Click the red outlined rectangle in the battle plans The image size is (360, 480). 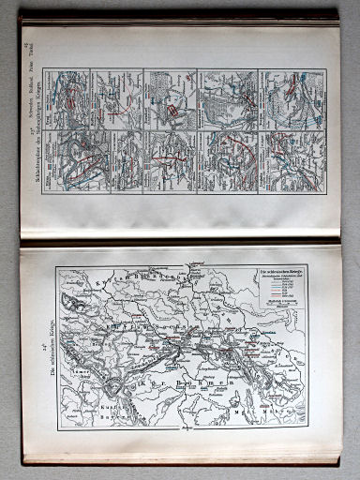point(173,113)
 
